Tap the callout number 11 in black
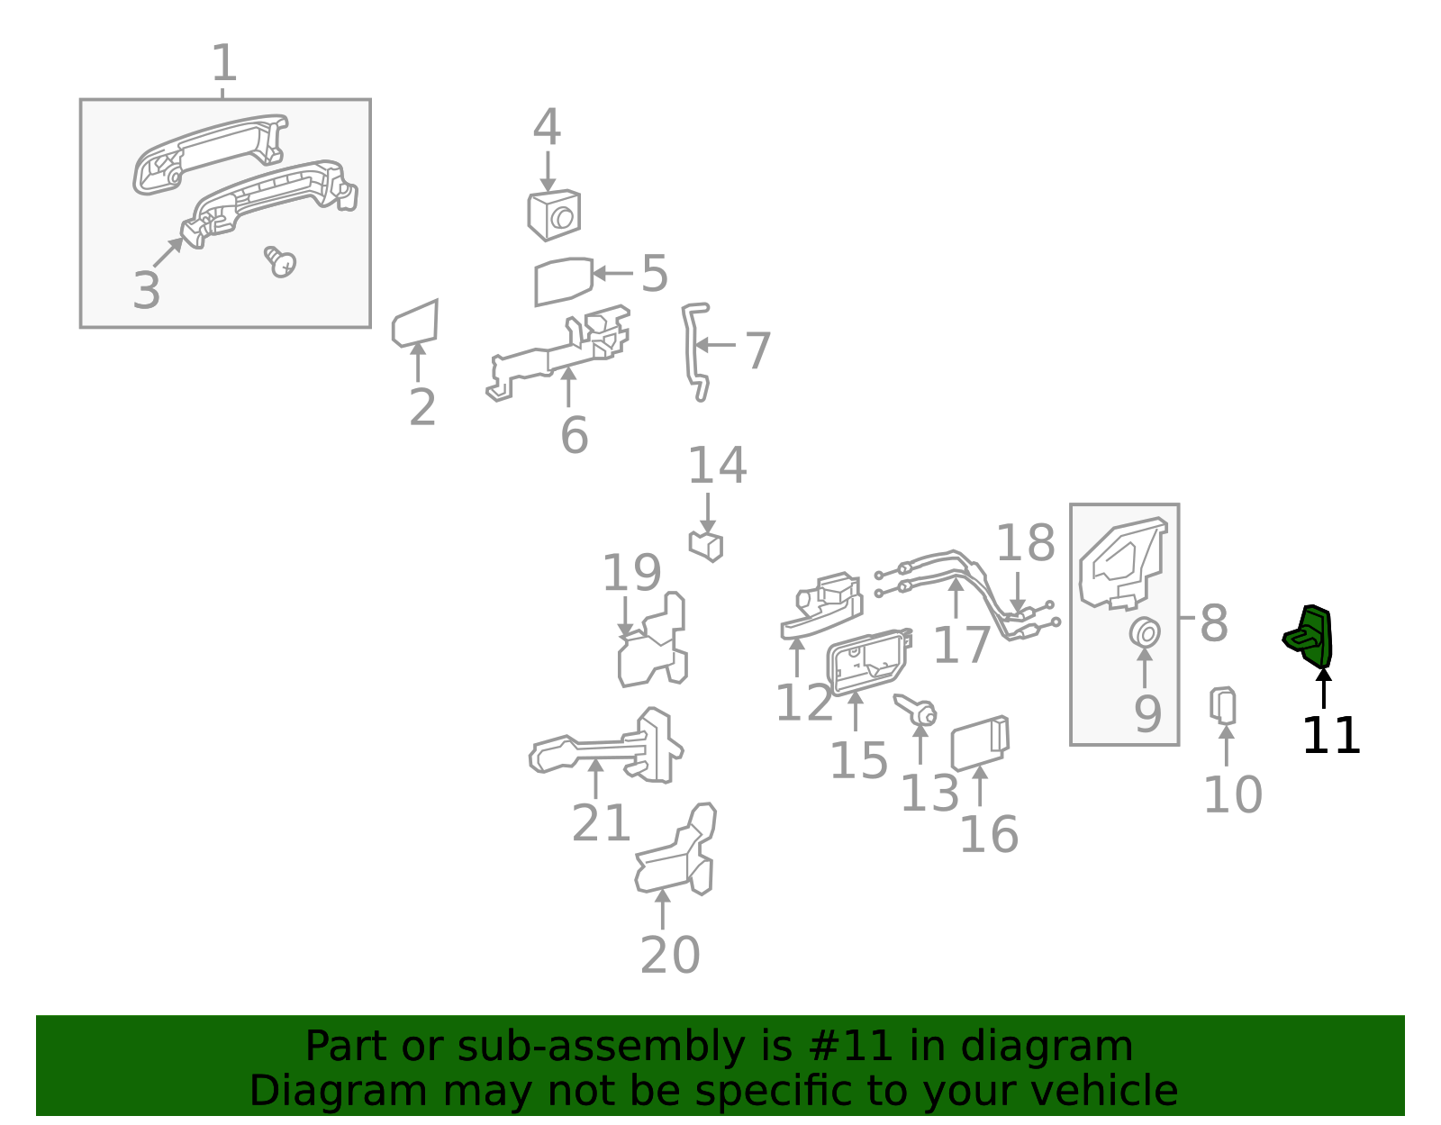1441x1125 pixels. click(1330, 736)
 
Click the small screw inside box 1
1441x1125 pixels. click(281, 262)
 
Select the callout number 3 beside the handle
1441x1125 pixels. click(146, 291)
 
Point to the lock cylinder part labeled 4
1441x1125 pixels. click(554, 216)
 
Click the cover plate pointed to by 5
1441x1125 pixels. click(563, 281)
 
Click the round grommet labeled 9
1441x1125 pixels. click(1145, 633)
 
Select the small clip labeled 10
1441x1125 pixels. click(1223, 705)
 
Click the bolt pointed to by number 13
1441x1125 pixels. click(917, 710)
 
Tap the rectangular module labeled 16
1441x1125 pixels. click(979, 744)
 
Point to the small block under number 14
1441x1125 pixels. click(706, 546)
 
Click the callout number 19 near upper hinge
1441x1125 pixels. click(631, 573)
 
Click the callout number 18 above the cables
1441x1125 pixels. click(1025, 543)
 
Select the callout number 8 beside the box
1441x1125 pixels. click(1213, 623)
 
